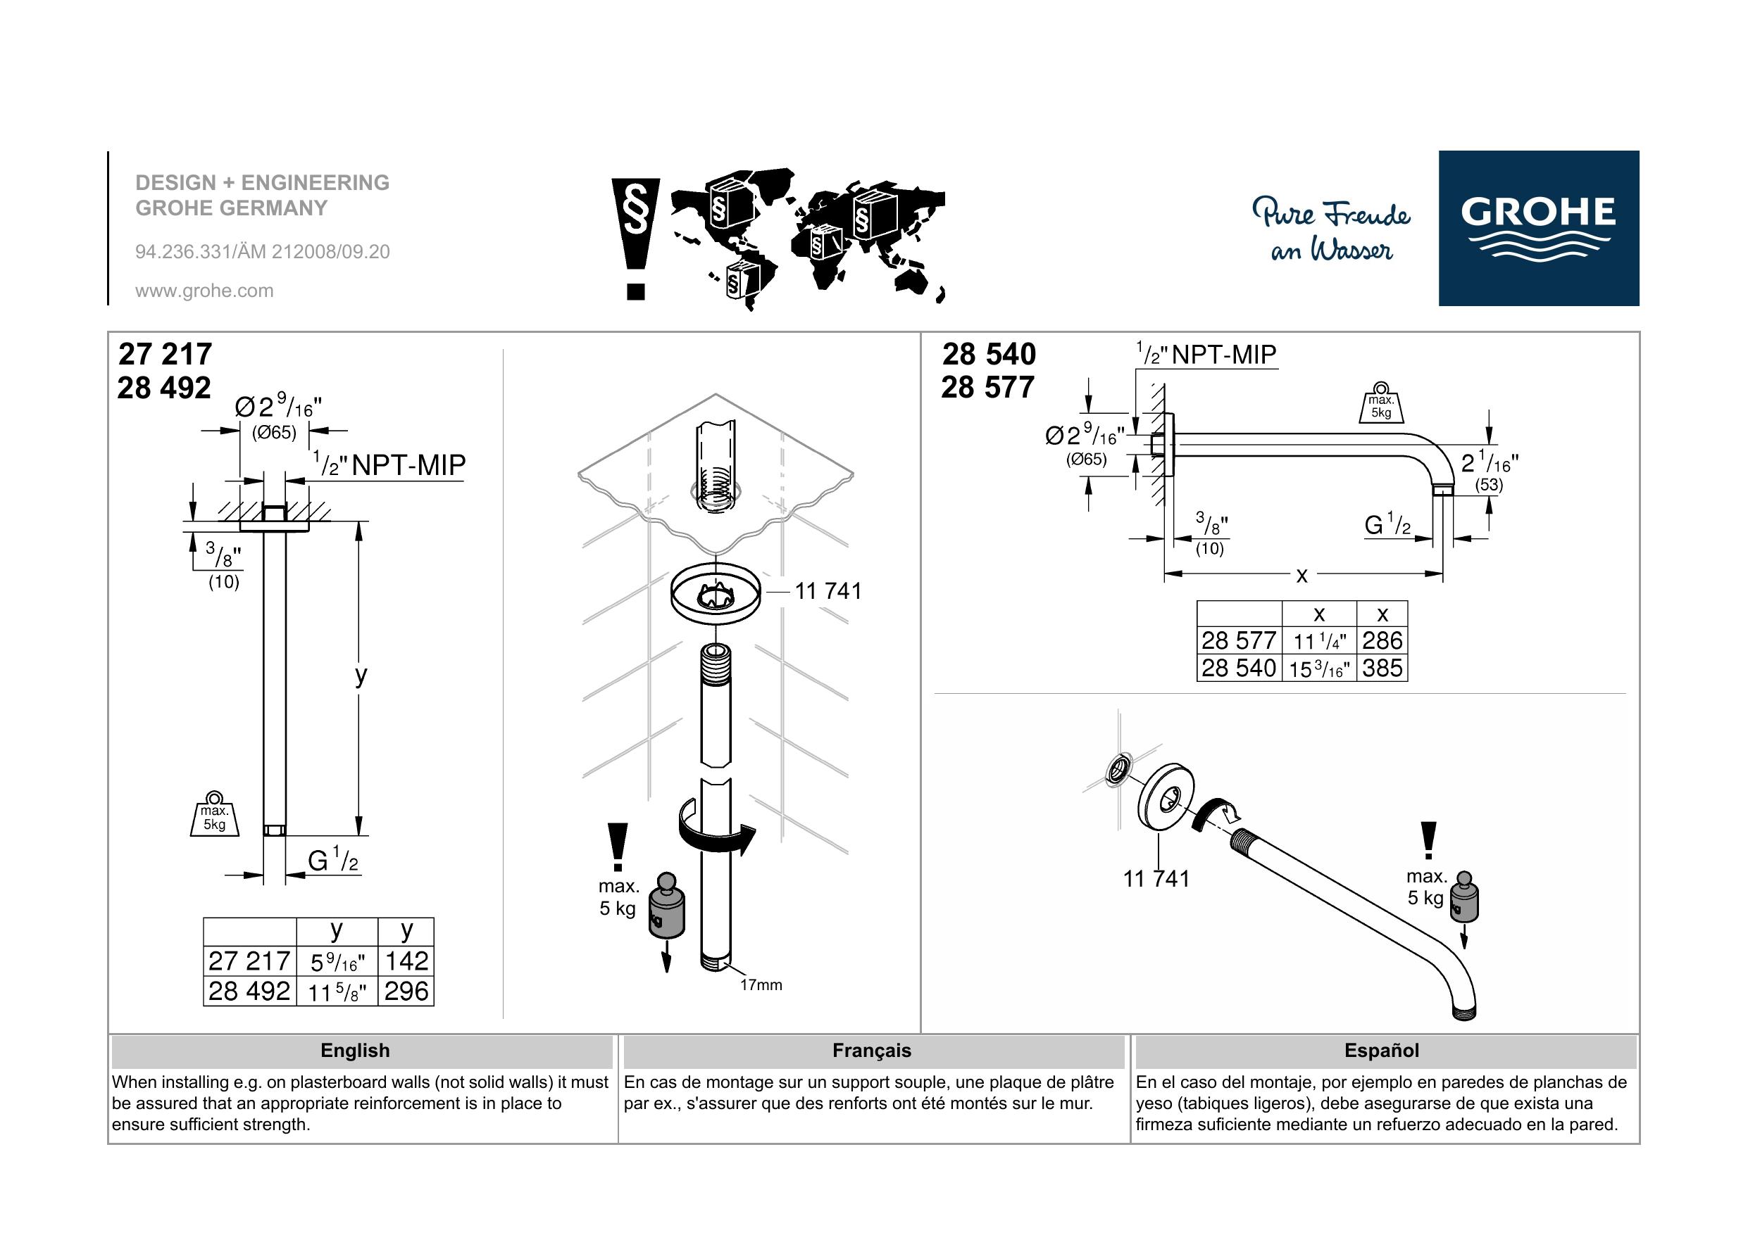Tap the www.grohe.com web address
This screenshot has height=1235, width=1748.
tap(204, 291)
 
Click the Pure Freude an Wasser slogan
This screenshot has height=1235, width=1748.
tap(1332, 231)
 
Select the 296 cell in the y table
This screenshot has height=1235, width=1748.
tap(406, 992)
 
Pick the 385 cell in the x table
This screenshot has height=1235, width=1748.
tap(1382, 668)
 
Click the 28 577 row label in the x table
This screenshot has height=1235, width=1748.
tap(1239, 640)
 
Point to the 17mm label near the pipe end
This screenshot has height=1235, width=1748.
tap(761, 984)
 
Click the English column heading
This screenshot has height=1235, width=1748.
tap(355, 1051)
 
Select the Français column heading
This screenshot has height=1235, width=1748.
tap(872, 1051)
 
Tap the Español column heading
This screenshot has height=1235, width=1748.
tap(1382, 1051)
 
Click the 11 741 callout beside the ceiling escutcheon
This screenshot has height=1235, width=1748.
tap(828, 591)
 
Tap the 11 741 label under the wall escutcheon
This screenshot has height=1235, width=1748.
tap(1156, 879)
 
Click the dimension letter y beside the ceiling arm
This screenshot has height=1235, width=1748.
tap(361, 675)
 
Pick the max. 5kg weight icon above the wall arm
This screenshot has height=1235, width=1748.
tap(1381, 403)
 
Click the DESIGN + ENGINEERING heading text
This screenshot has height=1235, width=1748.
tap(263, 183)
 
